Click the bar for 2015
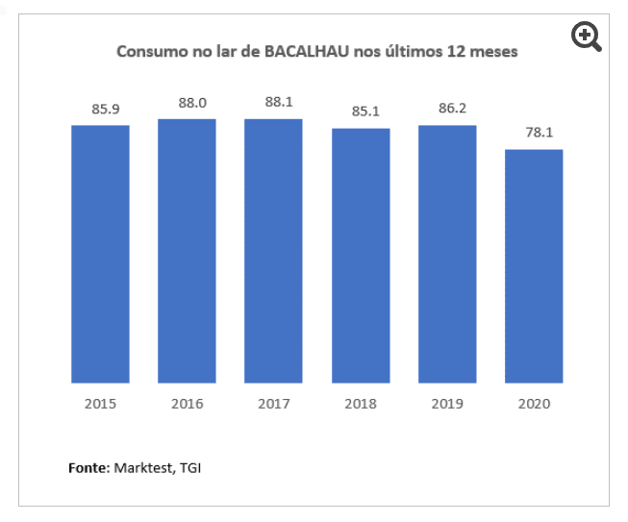[x=100, y=254]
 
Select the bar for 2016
[x=187, y=251]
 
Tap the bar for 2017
[x=273, y=251]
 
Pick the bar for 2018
[x=361, y=256]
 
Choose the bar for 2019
[x=447, y=254]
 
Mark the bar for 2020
[x=534, y=266]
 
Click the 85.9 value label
[x=105, y=110]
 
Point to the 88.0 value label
[x=191, y=102]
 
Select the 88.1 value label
[x=278, y=102]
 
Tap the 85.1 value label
[x=365, y=112]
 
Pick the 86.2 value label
[x=452, y=108]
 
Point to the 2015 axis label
[x=100, y=404]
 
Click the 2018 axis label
[x=361, y=404]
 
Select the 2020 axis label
[x=534, y=404]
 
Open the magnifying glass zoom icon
[x=586, y=37]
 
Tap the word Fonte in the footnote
[x=88, y=468]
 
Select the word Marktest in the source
[x=140, y=468]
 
